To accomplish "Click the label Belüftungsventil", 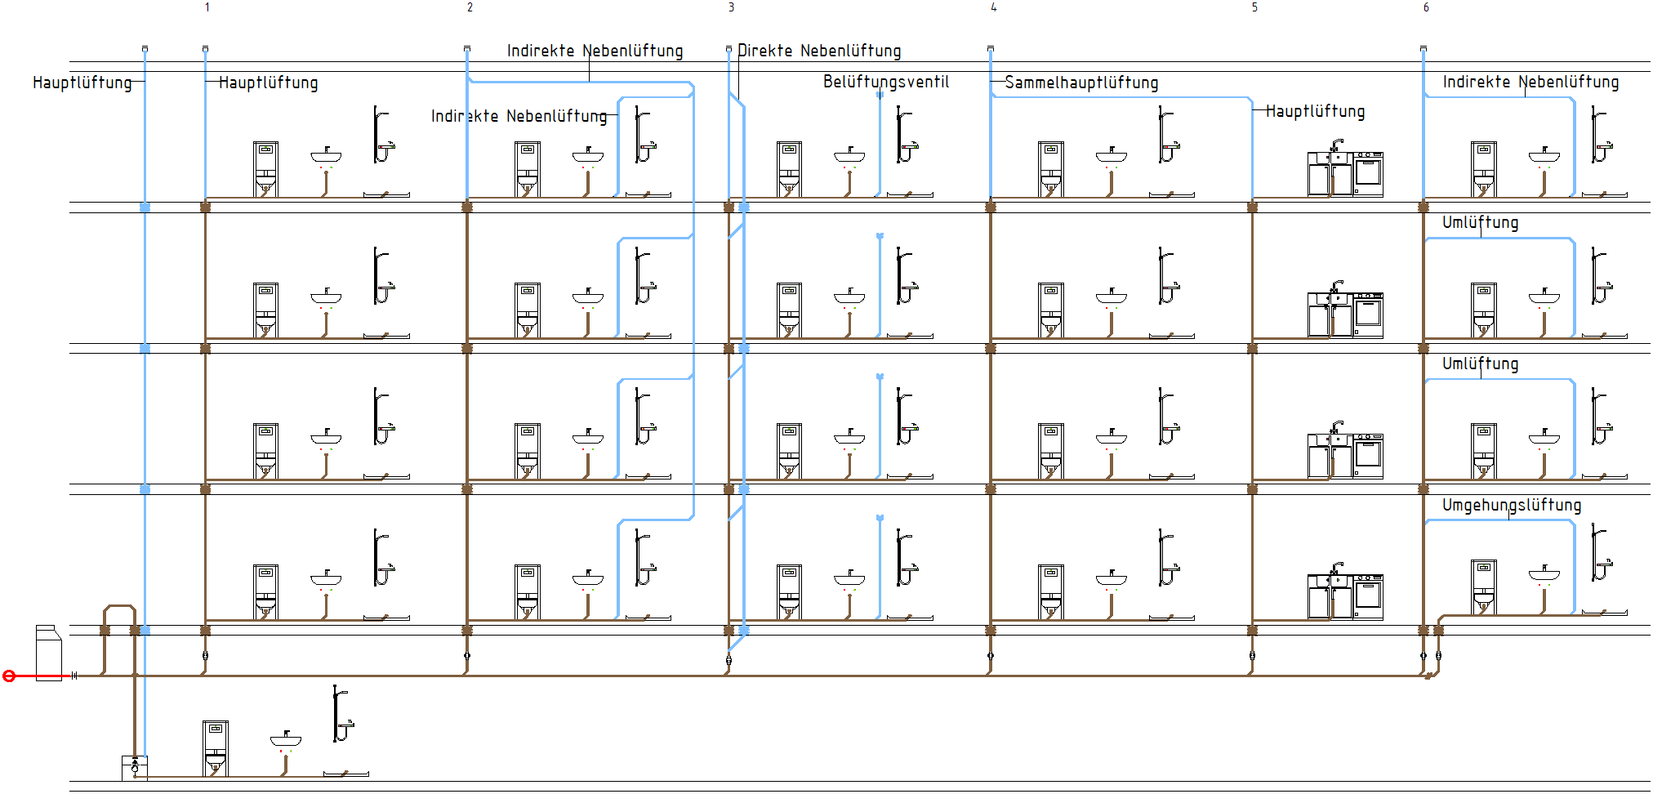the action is click(886, 82).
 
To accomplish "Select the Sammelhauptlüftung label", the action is click(1081, 83).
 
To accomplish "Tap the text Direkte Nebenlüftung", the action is click(819, 51).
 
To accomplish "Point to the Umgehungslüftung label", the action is click(1512, 505).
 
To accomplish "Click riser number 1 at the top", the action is click(207, 7).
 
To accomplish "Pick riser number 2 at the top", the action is click(470, 7).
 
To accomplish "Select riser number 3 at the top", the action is click(731, 7).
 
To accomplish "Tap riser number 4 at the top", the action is click(993, 7).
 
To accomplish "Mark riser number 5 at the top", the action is click(1254, 7).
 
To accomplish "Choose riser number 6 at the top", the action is click(1426, 7).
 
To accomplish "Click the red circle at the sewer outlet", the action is click(9, 676).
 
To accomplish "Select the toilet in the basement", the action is click(216, 748).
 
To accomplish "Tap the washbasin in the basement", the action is click(286, 740).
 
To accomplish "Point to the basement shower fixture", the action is click(341, 714).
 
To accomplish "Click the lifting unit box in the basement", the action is click(135, 768).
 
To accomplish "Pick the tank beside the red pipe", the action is click(48, 653).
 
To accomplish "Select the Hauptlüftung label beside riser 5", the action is click(1315, 111).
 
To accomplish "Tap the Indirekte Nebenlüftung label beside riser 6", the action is click(1530, 82).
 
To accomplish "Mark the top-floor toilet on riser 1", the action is click(265, 170).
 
